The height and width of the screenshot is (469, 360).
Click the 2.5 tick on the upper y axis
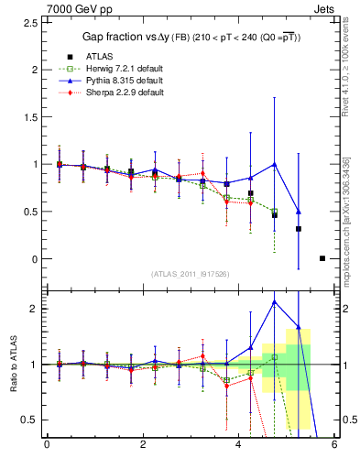coord(30,22)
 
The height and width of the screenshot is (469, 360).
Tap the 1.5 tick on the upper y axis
coord(30,116)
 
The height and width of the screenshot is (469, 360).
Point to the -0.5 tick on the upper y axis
coord(28,306)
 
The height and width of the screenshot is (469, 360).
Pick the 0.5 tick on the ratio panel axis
coord(30,420)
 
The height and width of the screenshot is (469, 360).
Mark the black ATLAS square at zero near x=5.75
coord(322,258)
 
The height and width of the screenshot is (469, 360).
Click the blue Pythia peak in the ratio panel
coord(275,301)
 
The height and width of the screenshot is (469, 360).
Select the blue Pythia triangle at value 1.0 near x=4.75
coord(275,165)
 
